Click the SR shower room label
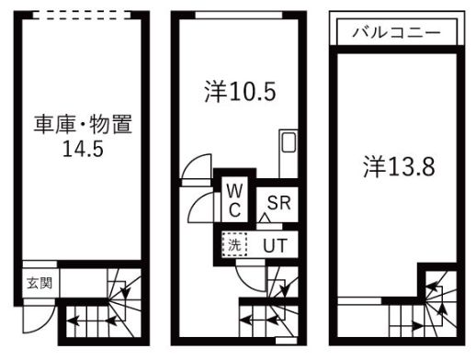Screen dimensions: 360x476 click(x=279, y=202)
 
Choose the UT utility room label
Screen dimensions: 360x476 click(x=274, y=245)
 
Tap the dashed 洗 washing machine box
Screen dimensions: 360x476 click(x=235, y=245)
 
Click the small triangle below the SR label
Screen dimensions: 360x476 click(x=265, y=219)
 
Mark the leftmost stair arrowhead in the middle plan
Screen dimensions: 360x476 click(x=244, y=321)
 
